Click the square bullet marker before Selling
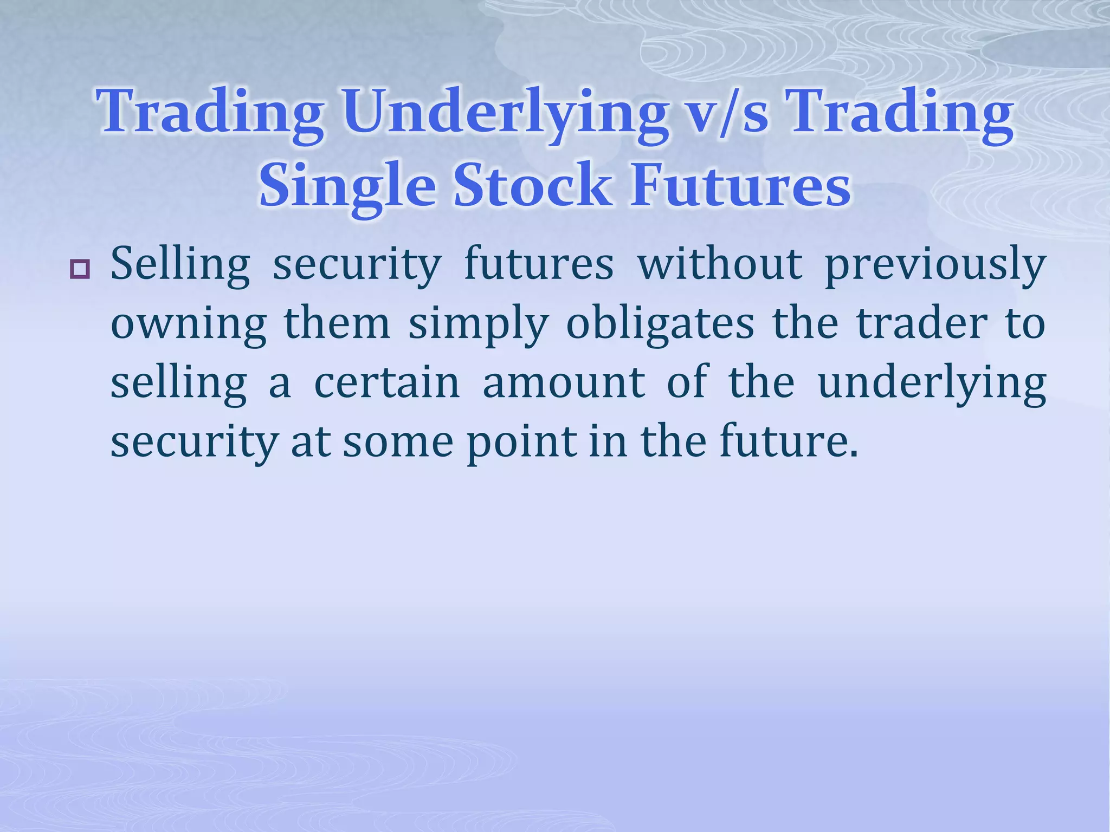(x=80, y=269)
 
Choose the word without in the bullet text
(x=719, y=264)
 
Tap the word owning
(x=189, y=324)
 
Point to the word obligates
(x=660, y=324)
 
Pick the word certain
(x=387, y=382)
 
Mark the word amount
(x=564, y=382)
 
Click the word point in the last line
(x=521, y=441)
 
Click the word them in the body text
(x=337, y=324)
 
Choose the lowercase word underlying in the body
(x=932, y=383)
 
